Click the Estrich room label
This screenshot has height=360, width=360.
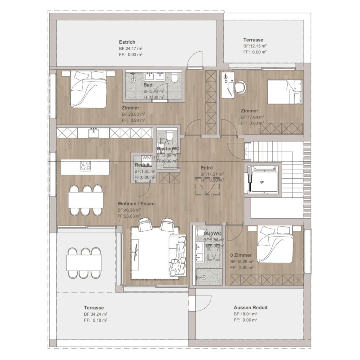(x=127, y=42)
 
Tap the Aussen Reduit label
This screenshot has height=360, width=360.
(x=250, y=308)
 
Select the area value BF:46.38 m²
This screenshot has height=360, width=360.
(x=129, y=210)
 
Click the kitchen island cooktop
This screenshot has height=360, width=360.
(x=85, y=165)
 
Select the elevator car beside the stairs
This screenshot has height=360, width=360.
(x=263, y=179)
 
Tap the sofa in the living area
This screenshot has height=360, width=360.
(x=178, y=256)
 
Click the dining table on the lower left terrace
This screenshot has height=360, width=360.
(x=84, y=263)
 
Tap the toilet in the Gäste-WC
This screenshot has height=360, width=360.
(x=168, y=135)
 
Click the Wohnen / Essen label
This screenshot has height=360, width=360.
(x=136, y=204)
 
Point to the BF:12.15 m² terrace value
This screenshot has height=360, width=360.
(x=255, y=46)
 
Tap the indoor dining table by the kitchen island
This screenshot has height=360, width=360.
(x=86, y=200)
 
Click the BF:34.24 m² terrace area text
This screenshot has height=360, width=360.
(x=96, y=314)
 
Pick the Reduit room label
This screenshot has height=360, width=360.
(x=142, y=165)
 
